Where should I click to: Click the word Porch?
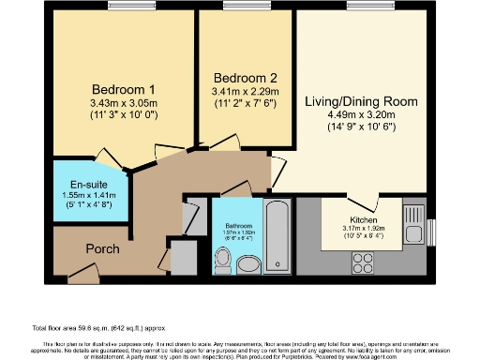[x=102, y=249]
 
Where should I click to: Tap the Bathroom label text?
[x=239, y=226]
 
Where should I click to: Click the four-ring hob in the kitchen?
[x=363, y=265]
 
